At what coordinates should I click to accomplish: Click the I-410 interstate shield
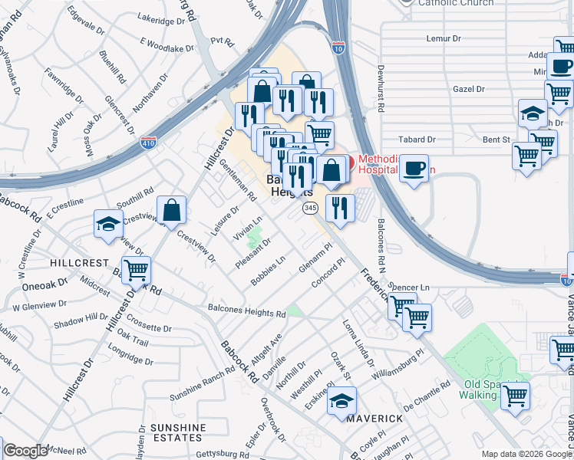pyautogui.click(x=149, y=143)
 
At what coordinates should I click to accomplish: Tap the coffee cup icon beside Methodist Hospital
pyautogui.click(x=414, y=168)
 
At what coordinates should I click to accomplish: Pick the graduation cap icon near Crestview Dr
pyautogui.click(x=108, y=224)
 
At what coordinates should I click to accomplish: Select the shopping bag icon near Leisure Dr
pyautogui.click(x=172, y=209)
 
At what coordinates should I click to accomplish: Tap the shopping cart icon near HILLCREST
pyautogui.click(x=136, y=270)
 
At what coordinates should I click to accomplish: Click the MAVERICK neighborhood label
pyautogui.click(x=374, y=419)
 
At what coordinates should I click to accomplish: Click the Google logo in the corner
pyautogui.click(x=25, y=451)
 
